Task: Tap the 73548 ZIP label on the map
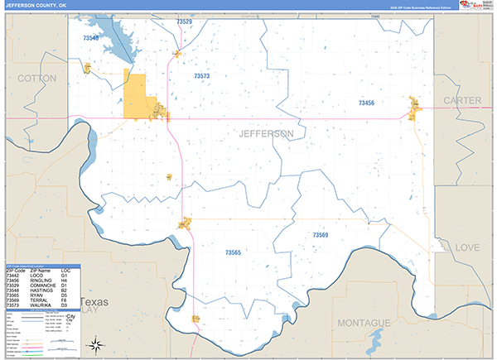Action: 90,38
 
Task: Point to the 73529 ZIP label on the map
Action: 184,22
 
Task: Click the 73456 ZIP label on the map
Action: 366,103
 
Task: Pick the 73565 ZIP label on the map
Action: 233,252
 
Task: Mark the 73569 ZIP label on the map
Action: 321,236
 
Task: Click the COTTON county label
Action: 36,78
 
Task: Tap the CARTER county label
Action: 462,100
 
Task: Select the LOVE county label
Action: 468,247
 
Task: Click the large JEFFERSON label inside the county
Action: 265,133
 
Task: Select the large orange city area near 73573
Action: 135,96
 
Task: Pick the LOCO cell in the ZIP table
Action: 36,276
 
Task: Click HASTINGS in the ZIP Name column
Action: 41,290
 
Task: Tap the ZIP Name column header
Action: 41,271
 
